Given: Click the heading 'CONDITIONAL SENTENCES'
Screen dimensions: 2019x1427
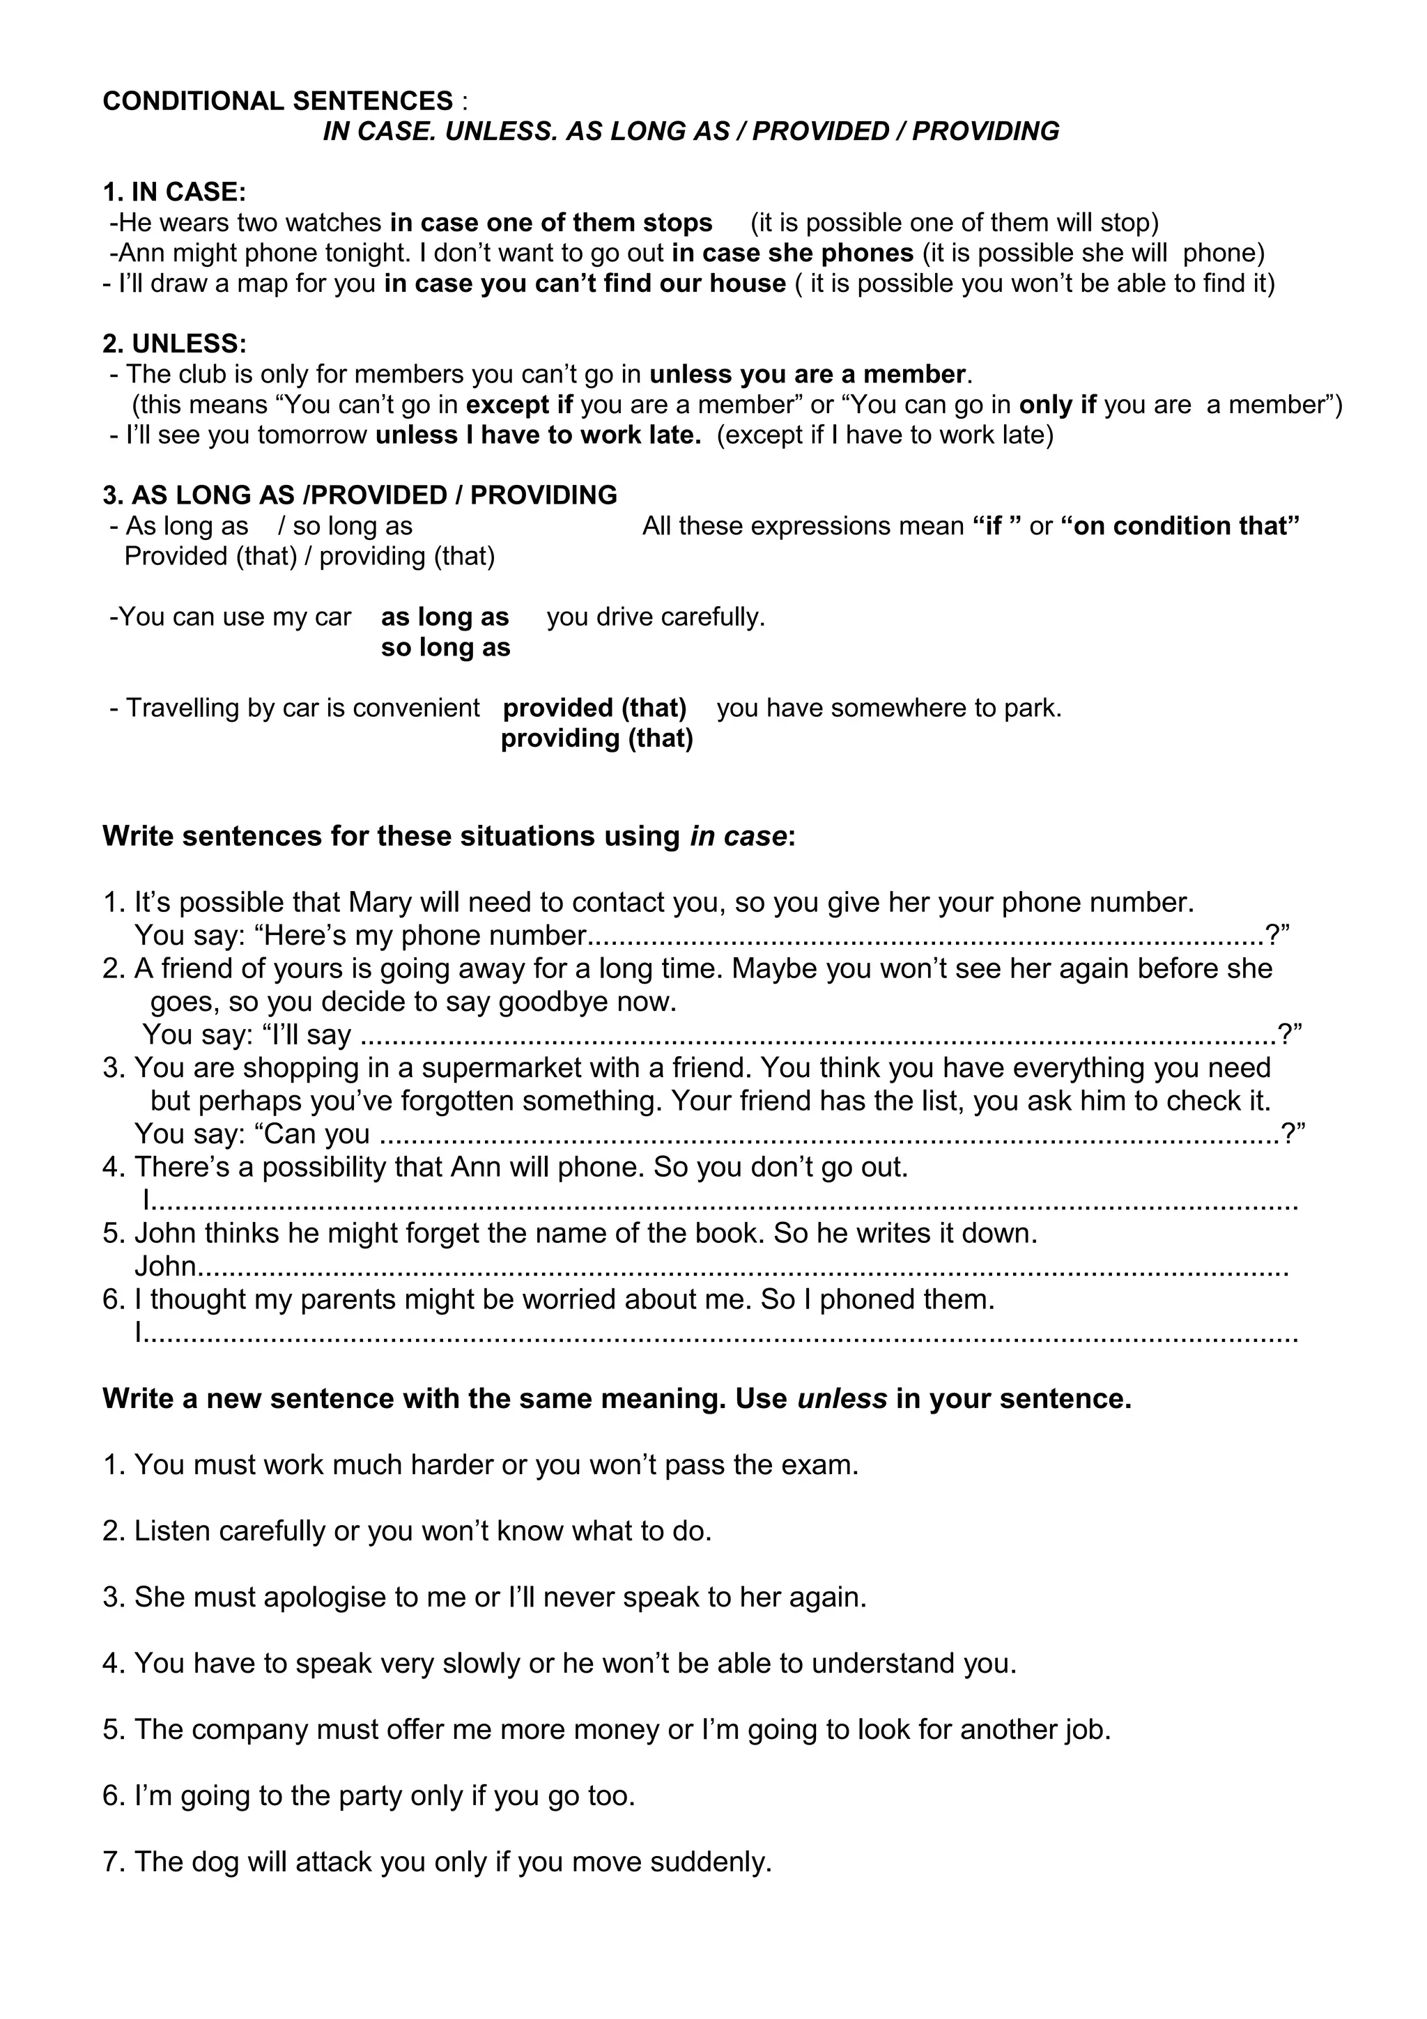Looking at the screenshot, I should point(278,101).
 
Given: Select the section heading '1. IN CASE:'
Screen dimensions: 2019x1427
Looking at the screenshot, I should point(174,192).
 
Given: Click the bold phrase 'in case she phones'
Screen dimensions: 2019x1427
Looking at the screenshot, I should point(792,254).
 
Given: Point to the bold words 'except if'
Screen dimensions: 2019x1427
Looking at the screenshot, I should point(518,405).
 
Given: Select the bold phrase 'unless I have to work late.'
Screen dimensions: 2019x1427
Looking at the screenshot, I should point(538,435).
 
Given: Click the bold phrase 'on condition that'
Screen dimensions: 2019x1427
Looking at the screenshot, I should point(1180,526).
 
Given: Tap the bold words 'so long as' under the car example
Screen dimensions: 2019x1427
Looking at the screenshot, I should point(445,648).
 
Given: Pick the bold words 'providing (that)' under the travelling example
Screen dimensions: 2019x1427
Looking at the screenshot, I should point(597,738).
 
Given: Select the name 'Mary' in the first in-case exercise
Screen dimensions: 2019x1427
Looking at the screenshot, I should point(380,902).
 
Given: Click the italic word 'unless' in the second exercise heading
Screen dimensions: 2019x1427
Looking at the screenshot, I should point(842,1398).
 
